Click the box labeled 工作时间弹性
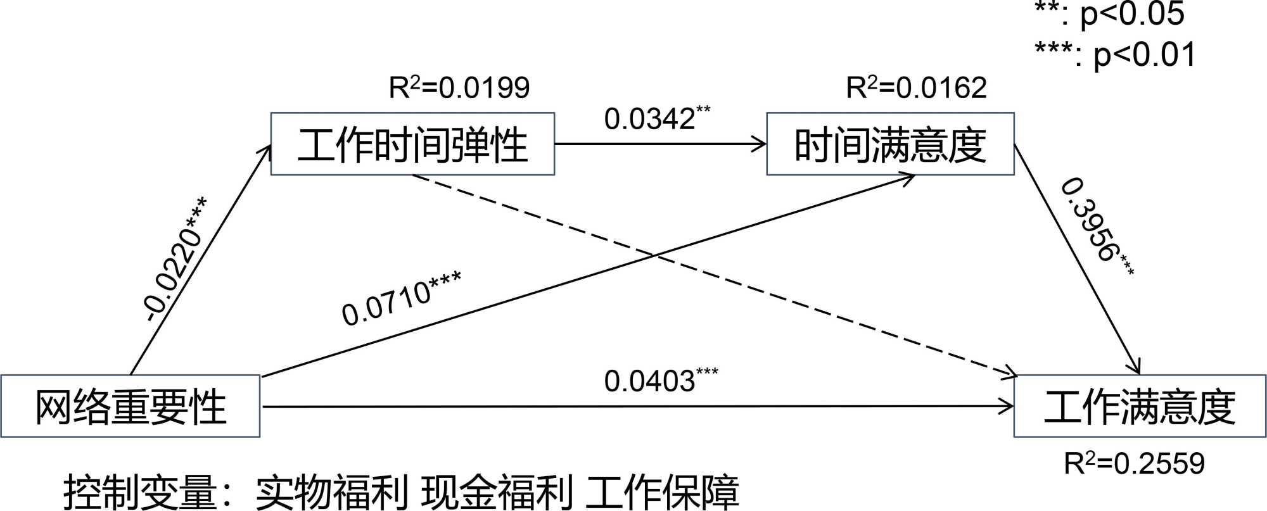[x=412, y=144]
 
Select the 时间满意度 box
[x=890, y=144]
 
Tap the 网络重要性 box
[x=131, y=407]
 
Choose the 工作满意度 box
[x=1140, y=407]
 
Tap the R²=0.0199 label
[x=459, y=87]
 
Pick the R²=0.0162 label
[x=916, y=87]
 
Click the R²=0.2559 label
[x=1134, y=464]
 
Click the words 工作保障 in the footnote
[x=662, y=492]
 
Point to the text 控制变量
[x=139, y=492]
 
